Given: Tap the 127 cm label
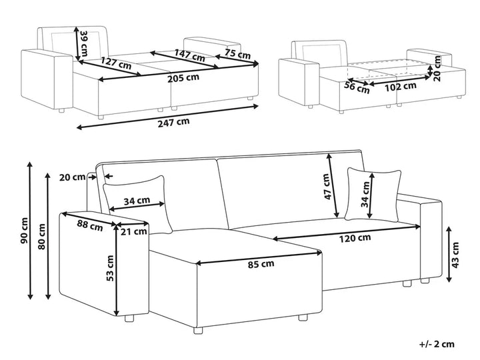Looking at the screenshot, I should pyautogui.click(x=115, y=65).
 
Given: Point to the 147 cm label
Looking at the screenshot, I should pyautogui.click(x=190, y=57).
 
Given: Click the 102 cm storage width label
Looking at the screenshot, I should pyautogui.click(x=402, y=85).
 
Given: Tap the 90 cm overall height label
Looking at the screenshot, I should pyautogui.click(x=25, y=230).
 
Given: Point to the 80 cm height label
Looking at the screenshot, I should pyautogui.click(x=42, y=235).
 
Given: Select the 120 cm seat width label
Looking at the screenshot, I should pyautogui.click(x=354, y=237).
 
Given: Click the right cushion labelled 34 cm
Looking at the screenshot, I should pyautogui.click(x=373, y=193).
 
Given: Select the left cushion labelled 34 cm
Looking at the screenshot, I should pyautogui.click(x=137, y=200).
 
